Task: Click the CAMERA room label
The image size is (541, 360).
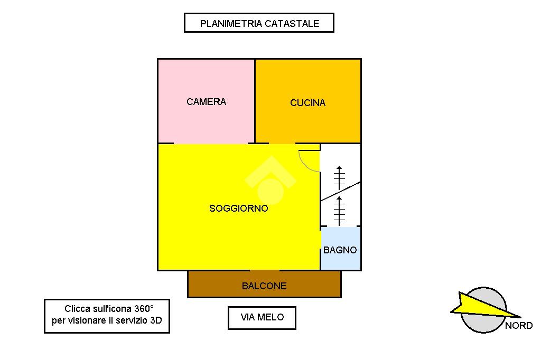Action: click(206, 102)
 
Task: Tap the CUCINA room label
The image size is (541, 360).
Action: click(307, 103)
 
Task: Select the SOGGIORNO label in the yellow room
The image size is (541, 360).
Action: click(239, 209)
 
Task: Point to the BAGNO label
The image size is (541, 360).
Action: click(340, 250)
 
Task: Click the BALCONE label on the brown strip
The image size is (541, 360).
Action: click(264, 286)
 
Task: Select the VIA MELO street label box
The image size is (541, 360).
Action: click(262, 317)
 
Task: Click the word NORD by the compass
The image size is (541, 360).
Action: click(518, 326)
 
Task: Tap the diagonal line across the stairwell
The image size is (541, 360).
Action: click(341, 191)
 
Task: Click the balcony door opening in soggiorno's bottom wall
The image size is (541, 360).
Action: click(265, 270)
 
